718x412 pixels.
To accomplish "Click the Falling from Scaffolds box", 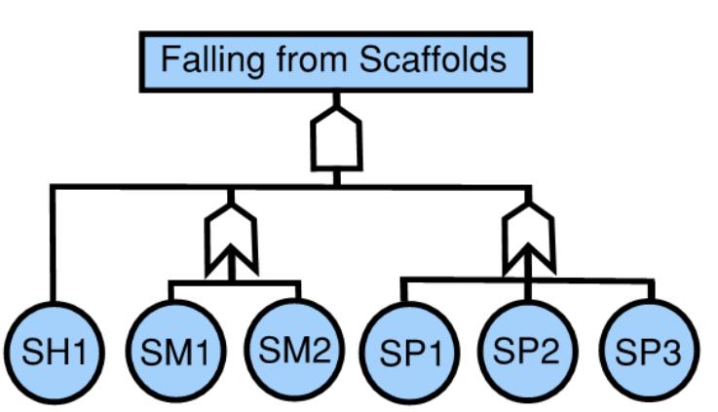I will (334, 61).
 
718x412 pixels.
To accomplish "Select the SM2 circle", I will (295, 350).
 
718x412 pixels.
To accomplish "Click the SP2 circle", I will (526, 350).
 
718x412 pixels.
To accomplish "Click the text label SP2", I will (526, 350).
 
